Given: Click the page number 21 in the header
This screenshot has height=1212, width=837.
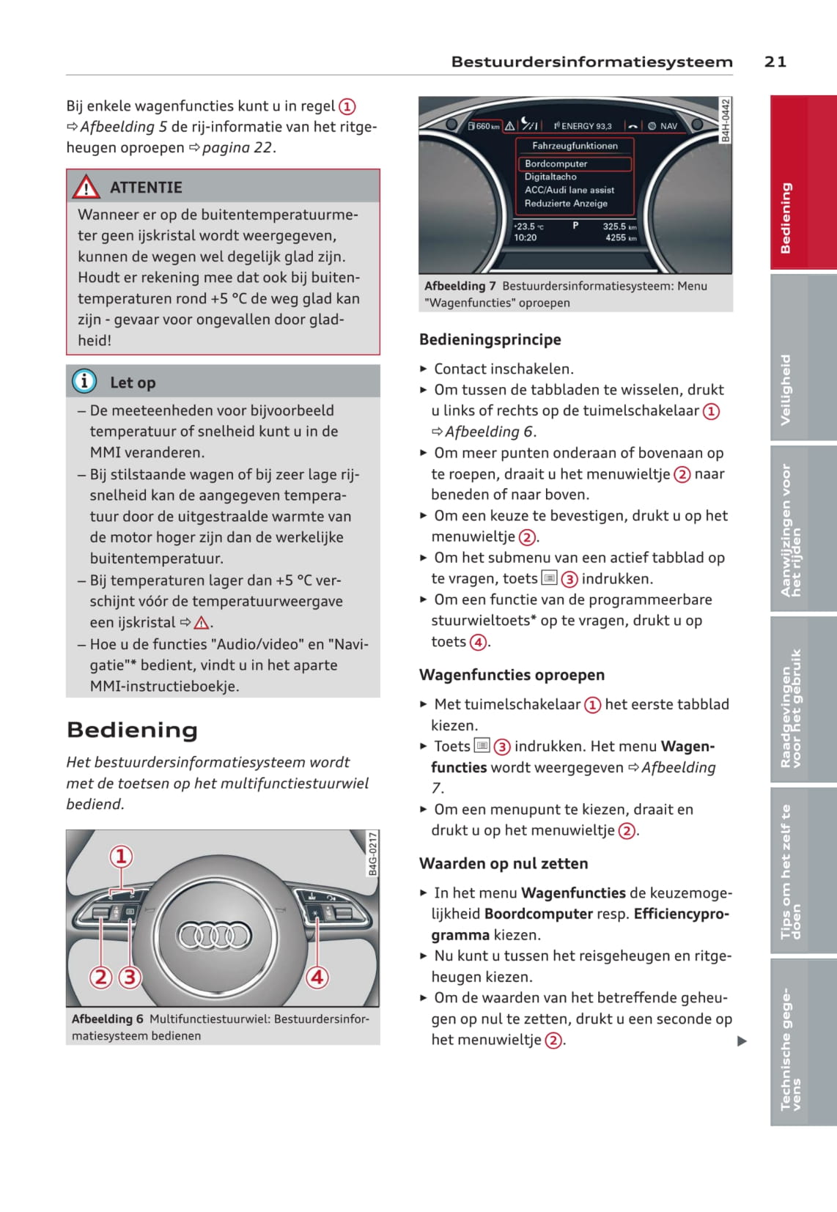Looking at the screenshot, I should click(775, 62).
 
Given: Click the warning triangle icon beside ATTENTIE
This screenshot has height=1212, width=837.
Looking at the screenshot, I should click(86, 188).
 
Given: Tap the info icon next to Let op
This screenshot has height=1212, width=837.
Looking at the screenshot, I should click(84, 381).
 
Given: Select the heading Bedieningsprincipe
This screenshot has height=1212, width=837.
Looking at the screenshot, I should click(490, 339).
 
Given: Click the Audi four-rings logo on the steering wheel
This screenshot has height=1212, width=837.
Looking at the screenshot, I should click(215, 935).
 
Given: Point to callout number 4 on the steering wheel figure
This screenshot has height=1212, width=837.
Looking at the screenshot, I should click(317, 977).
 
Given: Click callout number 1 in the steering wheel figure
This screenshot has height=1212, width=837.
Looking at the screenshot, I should click(121, 856).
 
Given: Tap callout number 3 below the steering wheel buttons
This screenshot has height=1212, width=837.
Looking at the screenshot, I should click(130, 977).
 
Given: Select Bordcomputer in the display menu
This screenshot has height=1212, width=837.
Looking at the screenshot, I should click(556, 163).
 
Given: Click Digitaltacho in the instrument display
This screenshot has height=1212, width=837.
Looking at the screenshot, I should click(550, 177).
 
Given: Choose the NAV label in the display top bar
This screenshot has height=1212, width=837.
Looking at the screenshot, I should click(668, 126).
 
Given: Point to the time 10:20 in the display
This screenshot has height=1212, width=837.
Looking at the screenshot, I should click(526, 237).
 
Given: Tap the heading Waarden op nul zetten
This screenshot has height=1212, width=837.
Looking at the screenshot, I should click(504, 863).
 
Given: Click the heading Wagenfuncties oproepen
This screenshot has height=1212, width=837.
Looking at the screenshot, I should click(512, 675).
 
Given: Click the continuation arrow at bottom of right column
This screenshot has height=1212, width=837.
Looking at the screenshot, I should click(742, 1041).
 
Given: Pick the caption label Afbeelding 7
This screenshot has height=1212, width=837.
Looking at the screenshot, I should click(460, 286).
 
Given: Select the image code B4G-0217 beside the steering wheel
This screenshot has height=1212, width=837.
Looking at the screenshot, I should click(372, 854).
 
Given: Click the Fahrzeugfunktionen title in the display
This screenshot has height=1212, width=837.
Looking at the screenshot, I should click(575, 146).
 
